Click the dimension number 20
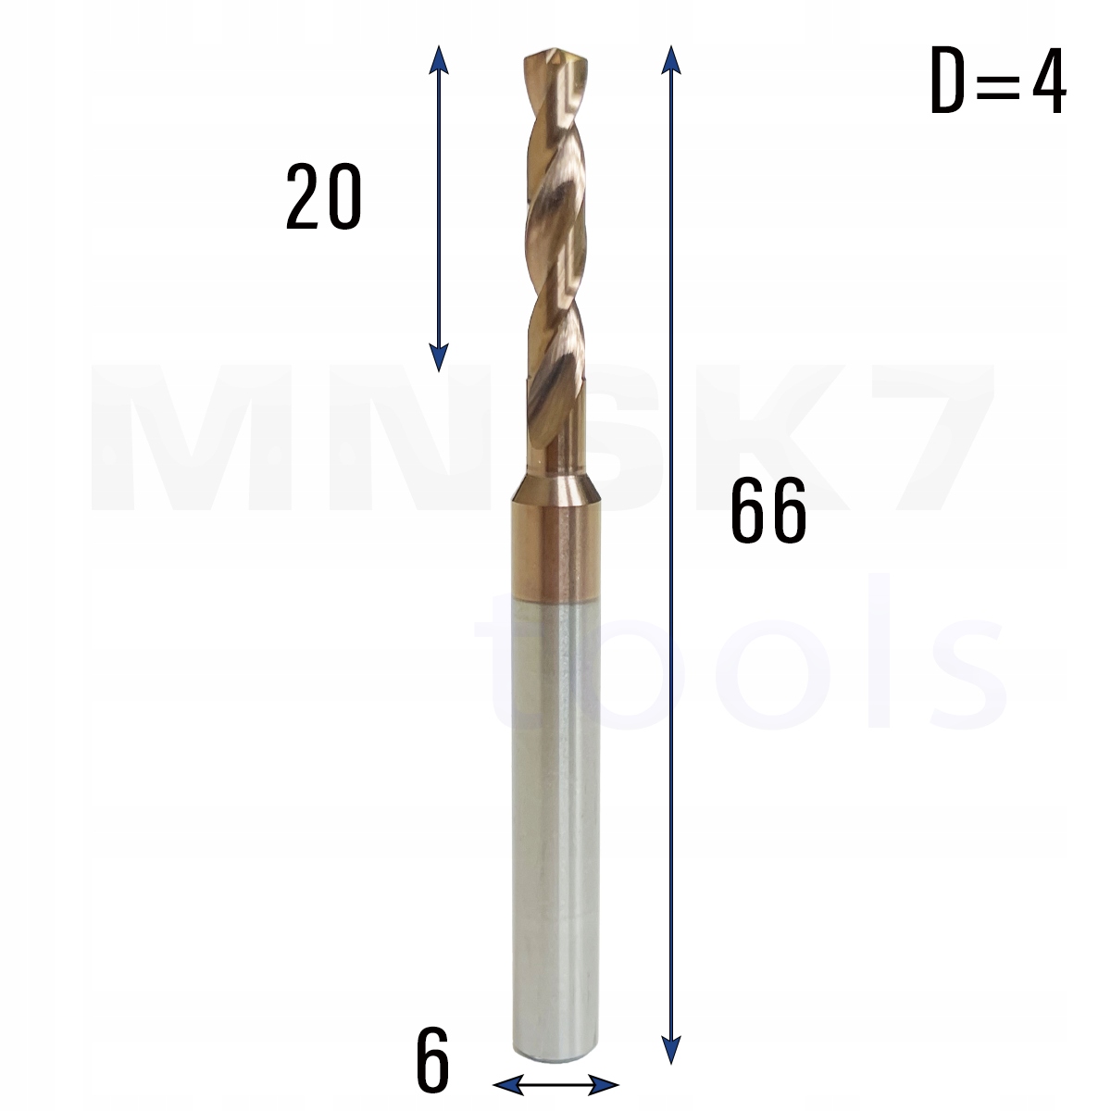pyautogui.click(x=323, y=197)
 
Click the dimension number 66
pyautogui.click(x=768, y=513)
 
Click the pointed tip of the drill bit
pyautogui.click(x=554, y=56)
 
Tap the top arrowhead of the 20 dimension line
pyautogui.click(x=440, y=57)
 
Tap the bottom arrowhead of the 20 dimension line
pyautogui.click(x=440, y=359)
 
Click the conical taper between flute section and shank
pyautogui.click(x=554, y=481)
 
